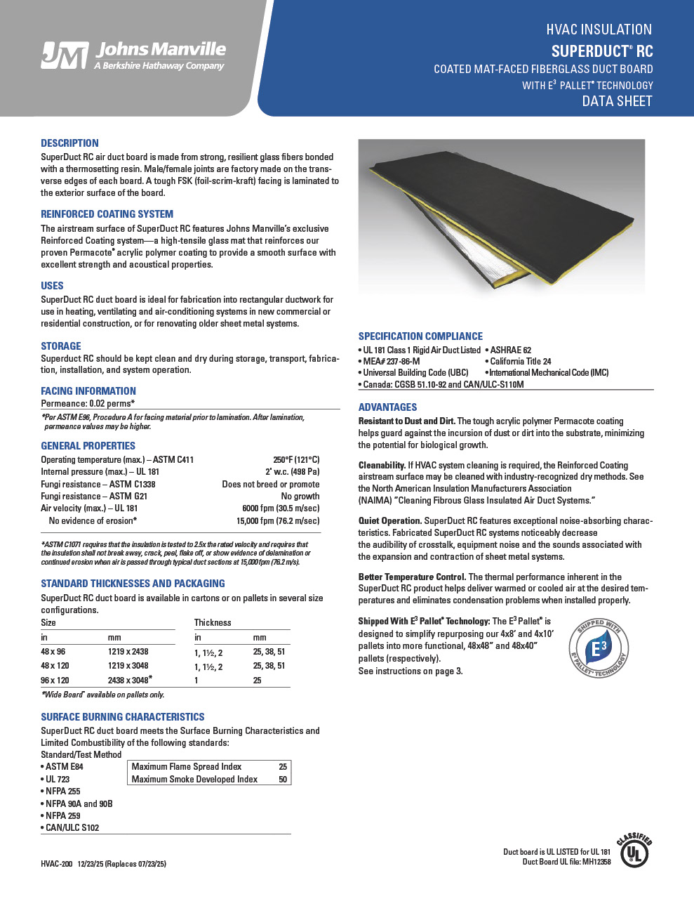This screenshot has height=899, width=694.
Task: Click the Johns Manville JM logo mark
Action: coord(64,55)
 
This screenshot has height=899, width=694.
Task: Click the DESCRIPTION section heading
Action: coord(69,143)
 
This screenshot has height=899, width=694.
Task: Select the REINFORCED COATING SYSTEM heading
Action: coord(107,214)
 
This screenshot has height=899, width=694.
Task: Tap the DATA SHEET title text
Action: coord(617,101)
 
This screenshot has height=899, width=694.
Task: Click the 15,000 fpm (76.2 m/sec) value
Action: coord(277,521)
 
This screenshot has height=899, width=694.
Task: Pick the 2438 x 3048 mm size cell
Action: coord(129,680)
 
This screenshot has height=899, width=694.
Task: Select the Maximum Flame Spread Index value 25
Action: coord(283,767)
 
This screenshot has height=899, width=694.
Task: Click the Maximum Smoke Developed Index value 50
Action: coord(283,779)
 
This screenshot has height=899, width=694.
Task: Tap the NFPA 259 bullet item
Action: coord(62,815)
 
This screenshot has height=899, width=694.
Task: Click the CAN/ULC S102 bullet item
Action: coord(72,827)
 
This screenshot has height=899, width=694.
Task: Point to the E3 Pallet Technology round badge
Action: coord(597,648)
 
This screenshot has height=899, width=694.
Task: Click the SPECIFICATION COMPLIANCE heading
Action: coord(420,336)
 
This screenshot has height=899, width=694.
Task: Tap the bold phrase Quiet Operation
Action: coord(389,521)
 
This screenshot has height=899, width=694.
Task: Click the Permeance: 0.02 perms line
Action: coord(88,404)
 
